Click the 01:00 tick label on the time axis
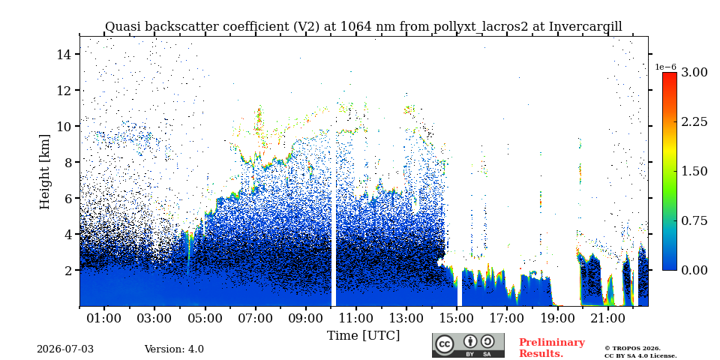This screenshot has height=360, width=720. (x=105, y=318)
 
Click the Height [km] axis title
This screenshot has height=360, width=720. (x=44, y=172)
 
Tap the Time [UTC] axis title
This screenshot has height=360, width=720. (x=363, y=336)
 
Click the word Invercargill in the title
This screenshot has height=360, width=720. (x=586, y=27)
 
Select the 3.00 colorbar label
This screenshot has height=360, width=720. (x=694, y=72)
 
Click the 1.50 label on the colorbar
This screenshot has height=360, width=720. (x=694, y=171)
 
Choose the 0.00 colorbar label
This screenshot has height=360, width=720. (x=694, y=270)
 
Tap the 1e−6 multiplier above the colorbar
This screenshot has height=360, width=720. (x=665, y=67)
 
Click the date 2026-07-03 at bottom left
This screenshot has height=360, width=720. (x=65, y=349)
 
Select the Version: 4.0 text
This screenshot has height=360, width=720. (x=174, y=349)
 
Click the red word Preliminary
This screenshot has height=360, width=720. (x=552, y=343)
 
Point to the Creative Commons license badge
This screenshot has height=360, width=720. (x=468, y=345)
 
